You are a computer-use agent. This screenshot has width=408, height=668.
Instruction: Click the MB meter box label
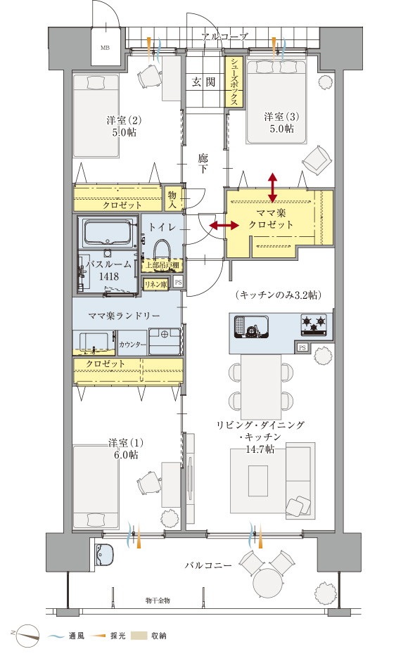pyautogui.click(x=105, y=48)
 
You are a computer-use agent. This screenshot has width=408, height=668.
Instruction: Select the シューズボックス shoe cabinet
pyautogui.click(x=234, y=82)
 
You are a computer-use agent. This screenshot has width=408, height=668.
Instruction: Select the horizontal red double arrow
pyautogui.click(x=224, y=226)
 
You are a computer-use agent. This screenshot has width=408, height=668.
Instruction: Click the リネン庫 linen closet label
pyautogui.click(x=156, y=283)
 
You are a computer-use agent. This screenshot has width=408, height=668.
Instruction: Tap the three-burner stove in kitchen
pyautogui.click(x=313, y=324)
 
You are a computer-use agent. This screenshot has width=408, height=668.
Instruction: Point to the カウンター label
pyautogui.click(x=132, y=345)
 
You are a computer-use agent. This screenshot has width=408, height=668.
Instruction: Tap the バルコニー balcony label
pyautogui.click(x=209, y=565)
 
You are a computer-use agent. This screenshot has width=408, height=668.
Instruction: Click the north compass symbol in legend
pyautogui.click(x=26, y=635)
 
